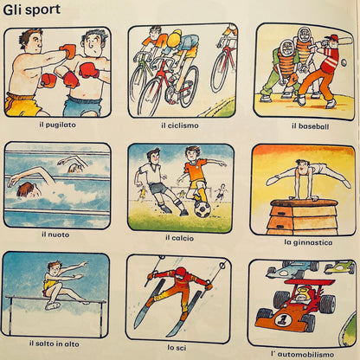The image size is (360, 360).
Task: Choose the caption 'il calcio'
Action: tap(178, 236)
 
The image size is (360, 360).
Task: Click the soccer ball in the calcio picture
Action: tap(201, 209)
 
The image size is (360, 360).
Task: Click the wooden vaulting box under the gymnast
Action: tap(302, 216)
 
